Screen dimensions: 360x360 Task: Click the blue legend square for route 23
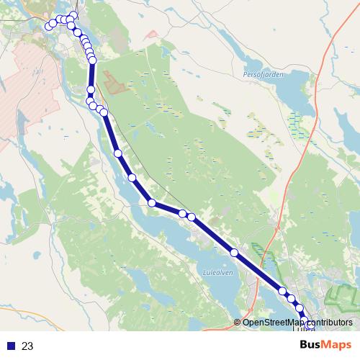(11, 346)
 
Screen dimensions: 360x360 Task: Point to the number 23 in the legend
(27, 346)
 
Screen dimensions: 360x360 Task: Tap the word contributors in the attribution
(328, 322)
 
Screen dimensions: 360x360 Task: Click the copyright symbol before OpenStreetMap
(238, 322)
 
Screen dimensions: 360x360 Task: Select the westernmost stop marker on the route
(49, 27)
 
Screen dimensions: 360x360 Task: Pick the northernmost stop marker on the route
(73, 16)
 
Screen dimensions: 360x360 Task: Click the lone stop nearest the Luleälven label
(234, 252)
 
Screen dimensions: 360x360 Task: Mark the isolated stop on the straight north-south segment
(91, 90)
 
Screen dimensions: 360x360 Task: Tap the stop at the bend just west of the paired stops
(152, 203)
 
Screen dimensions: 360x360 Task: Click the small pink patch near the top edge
(150, 33)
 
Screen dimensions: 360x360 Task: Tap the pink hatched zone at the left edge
(18, 86)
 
